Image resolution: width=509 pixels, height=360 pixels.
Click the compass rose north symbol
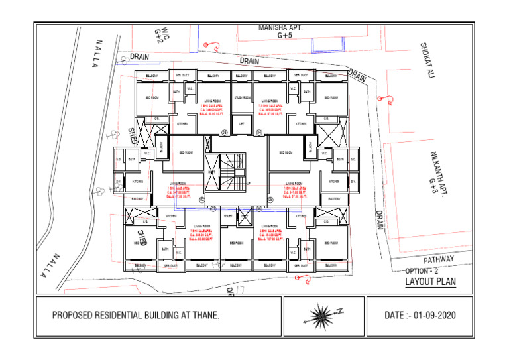pyautogui.click(x=323, y=314)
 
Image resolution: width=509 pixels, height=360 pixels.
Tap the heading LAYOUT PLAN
pyautogui.click(x=430, y=282)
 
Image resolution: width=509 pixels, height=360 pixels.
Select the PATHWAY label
pyautogui.click(x=439, y=259)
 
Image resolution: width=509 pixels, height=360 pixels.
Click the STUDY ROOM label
pyautogui.click(x=242, y=98)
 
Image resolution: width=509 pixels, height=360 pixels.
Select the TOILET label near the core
pyautogui.click(x=228, y=216)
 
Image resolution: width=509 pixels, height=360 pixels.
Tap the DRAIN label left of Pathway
pyautogui.click(x=380, y=220)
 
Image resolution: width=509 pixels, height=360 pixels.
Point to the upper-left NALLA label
pyautogui.click(x=99, y=51)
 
